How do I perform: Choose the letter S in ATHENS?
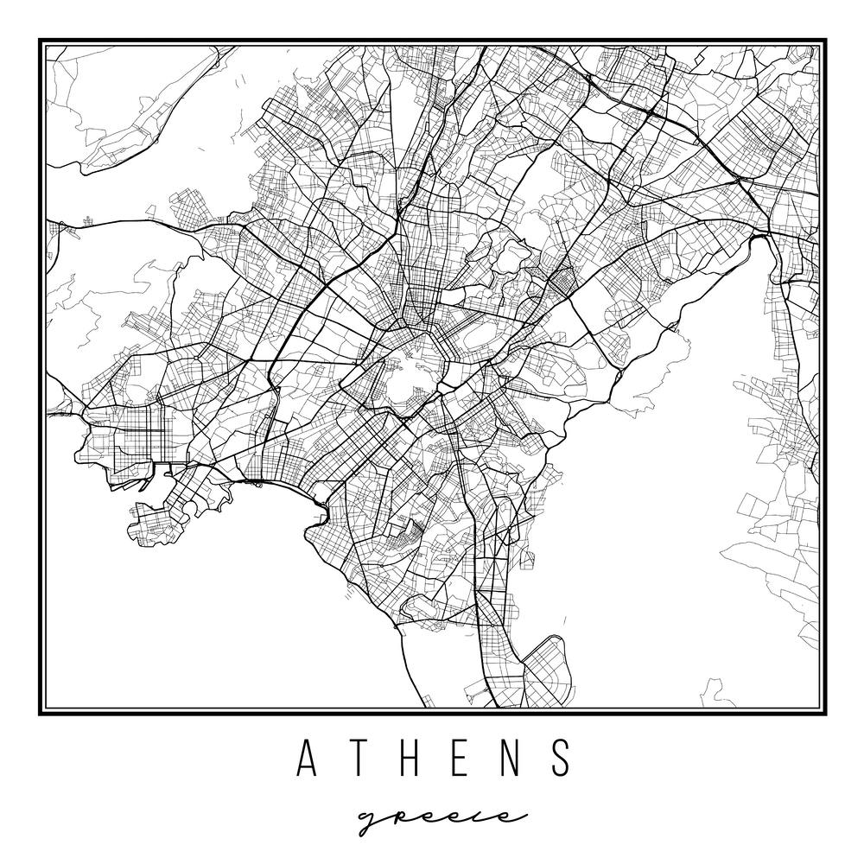tap(562, 758)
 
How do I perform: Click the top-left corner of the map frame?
tap(41, 41)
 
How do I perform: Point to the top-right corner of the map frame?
tap(823, 41)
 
